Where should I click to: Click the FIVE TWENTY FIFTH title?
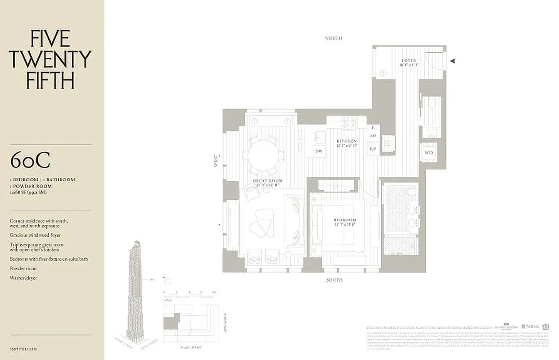50,59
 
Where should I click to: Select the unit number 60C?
30,161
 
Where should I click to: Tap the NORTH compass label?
334,38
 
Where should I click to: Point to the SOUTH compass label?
334,280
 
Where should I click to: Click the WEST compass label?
216,161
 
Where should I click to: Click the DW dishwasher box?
319,151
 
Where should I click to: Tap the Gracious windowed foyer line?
35,235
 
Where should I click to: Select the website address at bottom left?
23,349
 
